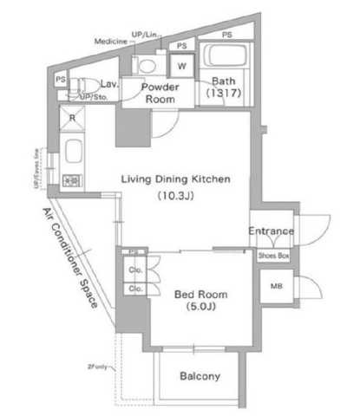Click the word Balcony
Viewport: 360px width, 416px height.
coord(200,377)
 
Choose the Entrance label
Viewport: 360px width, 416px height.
coord(271,231)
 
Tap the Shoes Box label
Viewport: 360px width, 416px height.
coord(272,256)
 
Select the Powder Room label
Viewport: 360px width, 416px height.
coord(160,93)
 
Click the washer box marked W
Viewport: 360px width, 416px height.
coord(183,65)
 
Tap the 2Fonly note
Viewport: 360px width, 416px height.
coord(98,366)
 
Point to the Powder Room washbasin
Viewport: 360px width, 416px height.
coord(147,65)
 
